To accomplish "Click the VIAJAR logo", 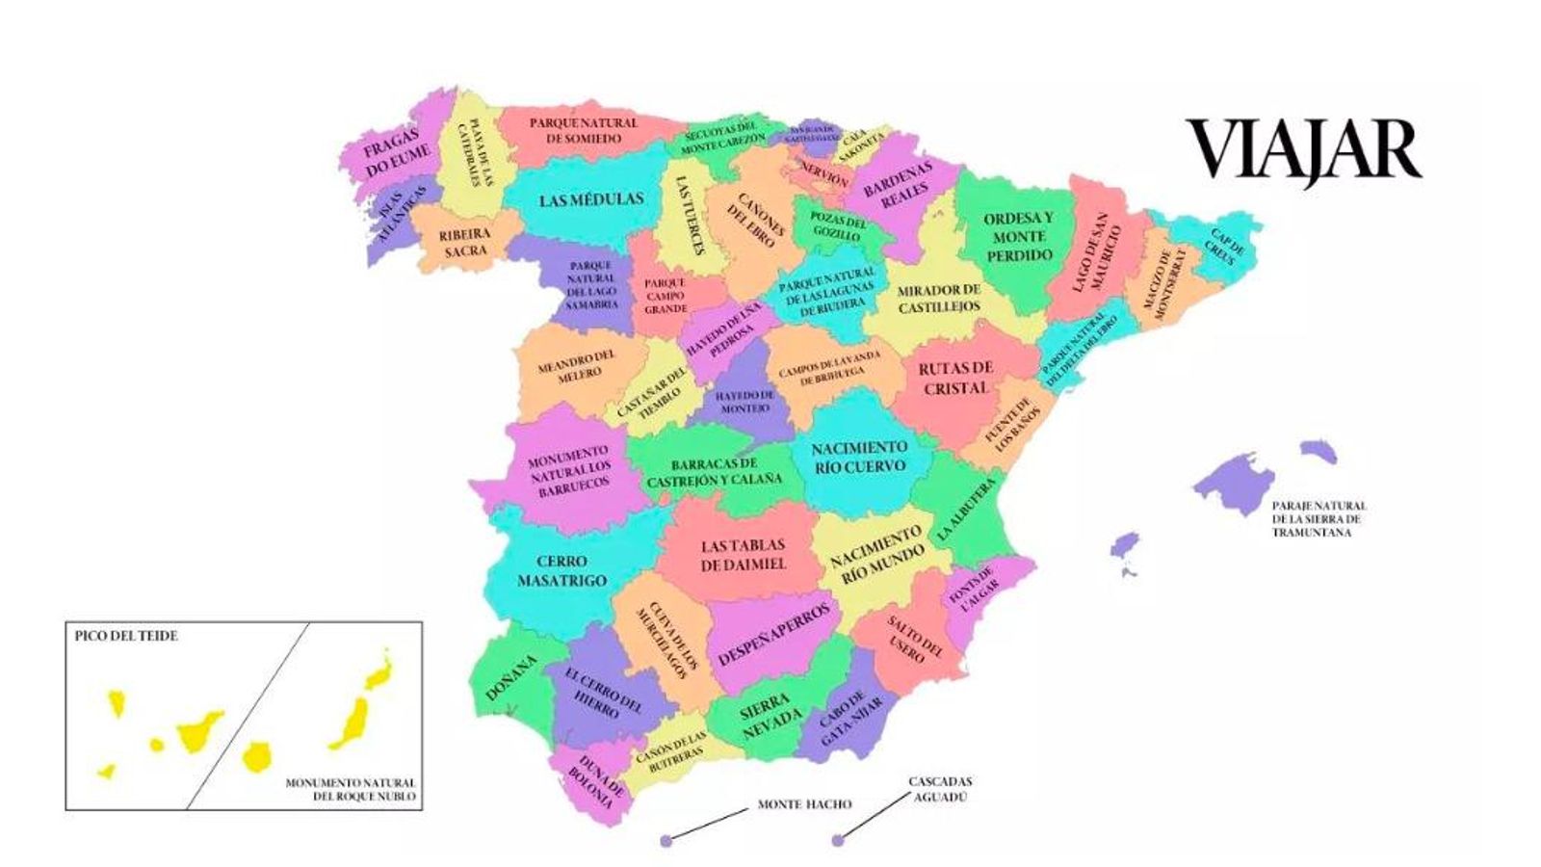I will [1303, 149].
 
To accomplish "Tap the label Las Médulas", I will [590, 200].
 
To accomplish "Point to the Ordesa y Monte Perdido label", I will [1018, 237].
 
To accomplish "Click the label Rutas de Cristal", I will [955, 378].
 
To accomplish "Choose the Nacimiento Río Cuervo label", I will [859, 457].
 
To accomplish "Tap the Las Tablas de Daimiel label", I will [743, 555].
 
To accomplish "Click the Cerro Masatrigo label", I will [562, 570].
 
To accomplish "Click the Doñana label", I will [510, 678].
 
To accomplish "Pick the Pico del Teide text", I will [126, 636].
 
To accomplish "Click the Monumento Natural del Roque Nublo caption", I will [351, 790].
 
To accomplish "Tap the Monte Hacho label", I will [804, 804].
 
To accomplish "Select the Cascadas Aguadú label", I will [940, 789].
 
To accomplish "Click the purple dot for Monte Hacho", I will [666, 841].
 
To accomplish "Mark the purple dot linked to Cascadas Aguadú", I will [837, 841].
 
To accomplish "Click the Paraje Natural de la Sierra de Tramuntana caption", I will [1319, 518].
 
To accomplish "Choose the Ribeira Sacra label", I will [465, 242].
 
